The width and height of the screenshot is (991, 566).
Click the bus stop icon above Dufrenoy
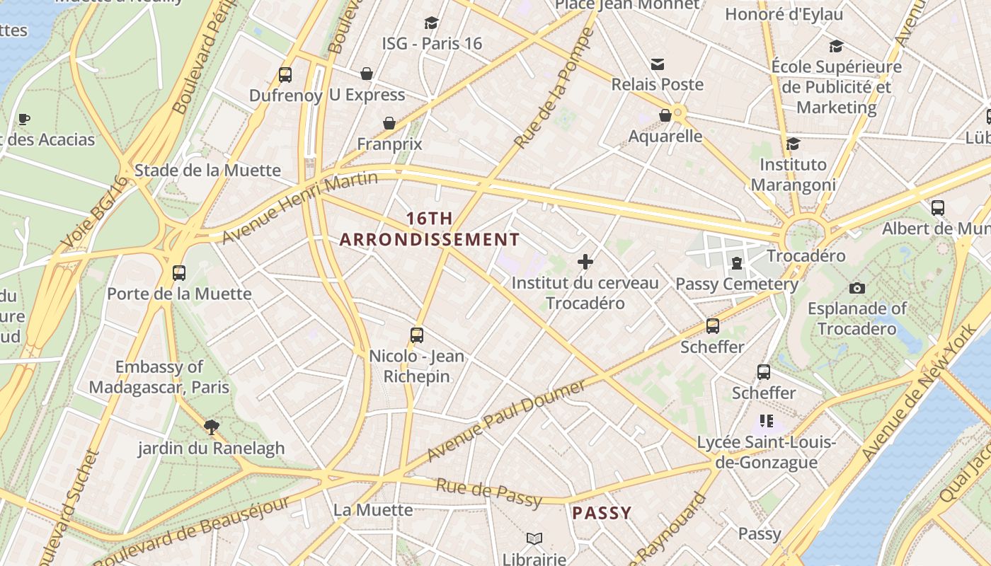point(285,74)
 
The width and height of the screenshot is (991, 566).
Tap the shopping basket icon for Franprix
point(389,123)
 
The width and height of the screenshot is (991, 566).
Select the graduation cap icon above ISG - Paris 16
point(431,23)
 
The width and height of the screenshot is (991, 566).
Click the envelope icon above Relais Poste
point(658,64)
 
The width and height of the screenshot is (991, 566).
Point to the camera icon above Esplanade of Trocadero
point(857,288)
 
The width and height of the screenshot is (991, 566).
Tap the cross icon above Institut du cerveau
point(585,262)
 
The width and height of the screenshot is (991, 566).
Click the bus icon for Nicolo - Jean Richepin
point(417,335)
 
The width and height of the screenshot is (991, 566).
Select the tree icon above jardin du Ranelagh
point(210,427)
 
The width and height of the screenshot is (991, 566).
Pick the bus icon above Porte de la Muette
point(179,272)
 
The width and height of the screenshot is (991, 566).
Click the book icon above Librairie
point(534,539)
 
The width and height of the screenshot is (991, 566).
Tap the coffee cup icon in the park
point(24,118)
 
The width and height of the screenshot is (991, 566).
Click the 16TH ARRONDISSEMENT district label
point(430,229)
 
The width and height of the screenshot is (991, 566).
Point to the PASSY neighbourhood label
point(601,513)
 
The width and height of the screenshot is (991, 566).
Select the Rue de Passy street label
point(488,492)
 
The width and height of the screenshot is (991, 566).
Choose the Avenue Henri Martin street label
point(300,206)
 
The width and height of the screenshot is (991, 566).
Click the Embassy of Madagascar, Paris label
point(159,377)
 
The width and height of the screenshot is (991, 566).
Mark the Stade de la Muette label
point(207,171)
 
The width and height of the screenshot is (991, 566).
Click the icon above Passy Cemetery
point(737,263)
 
